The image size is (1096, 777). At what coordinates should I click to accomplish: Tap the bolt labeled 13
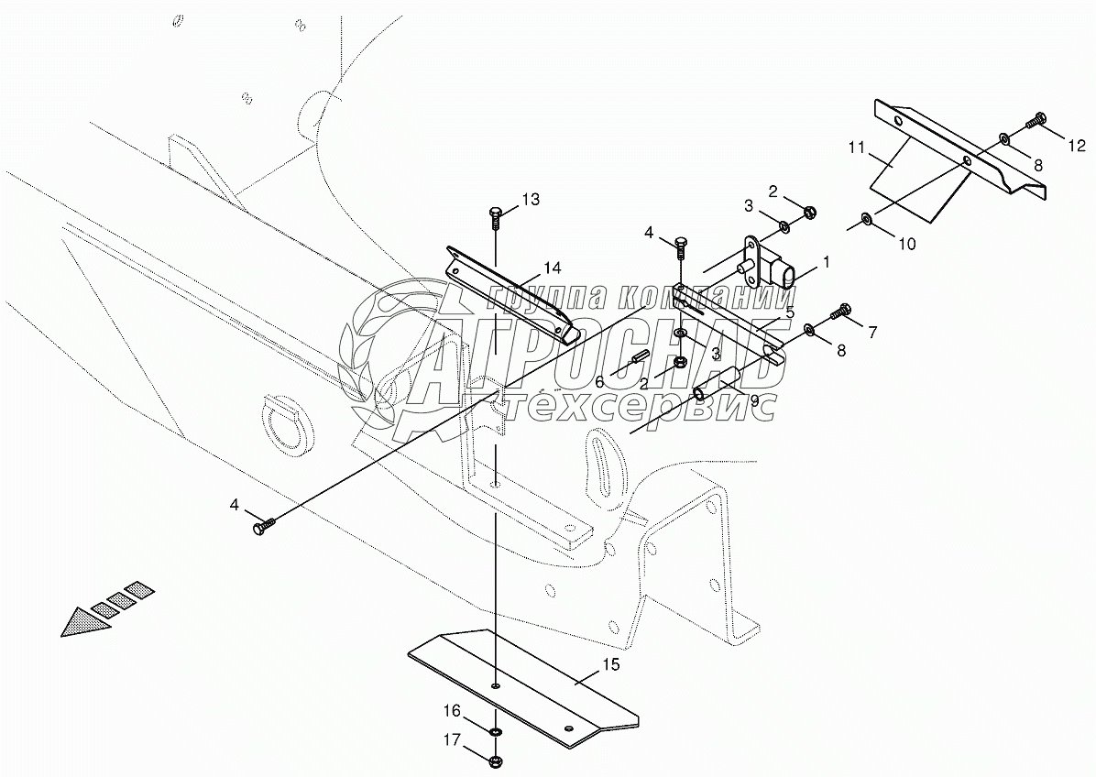[x=496, y=215]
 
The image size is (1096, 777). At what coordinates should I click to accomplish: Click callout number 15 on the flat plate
[x=611, y=663]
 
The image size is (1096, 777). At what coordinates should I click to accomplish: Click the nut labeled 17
[x=496, y=760]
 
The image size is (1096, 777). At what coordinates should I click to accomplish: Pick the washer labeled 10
[x=866, y=220]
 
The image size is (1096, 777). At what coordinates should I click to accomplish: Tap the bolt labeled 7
[x=841, y=312]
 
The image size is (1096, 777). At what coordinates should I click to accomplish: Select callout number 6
[x=599, y=381]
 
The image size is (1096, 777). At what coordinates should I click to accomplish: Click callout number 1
[x=826, y=261]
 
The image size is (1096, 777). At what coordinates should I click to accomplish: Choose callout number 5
[x=789, y=312]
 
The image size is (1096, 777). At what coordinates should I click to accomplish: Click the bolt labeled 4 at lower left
[x=260, y=527]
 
